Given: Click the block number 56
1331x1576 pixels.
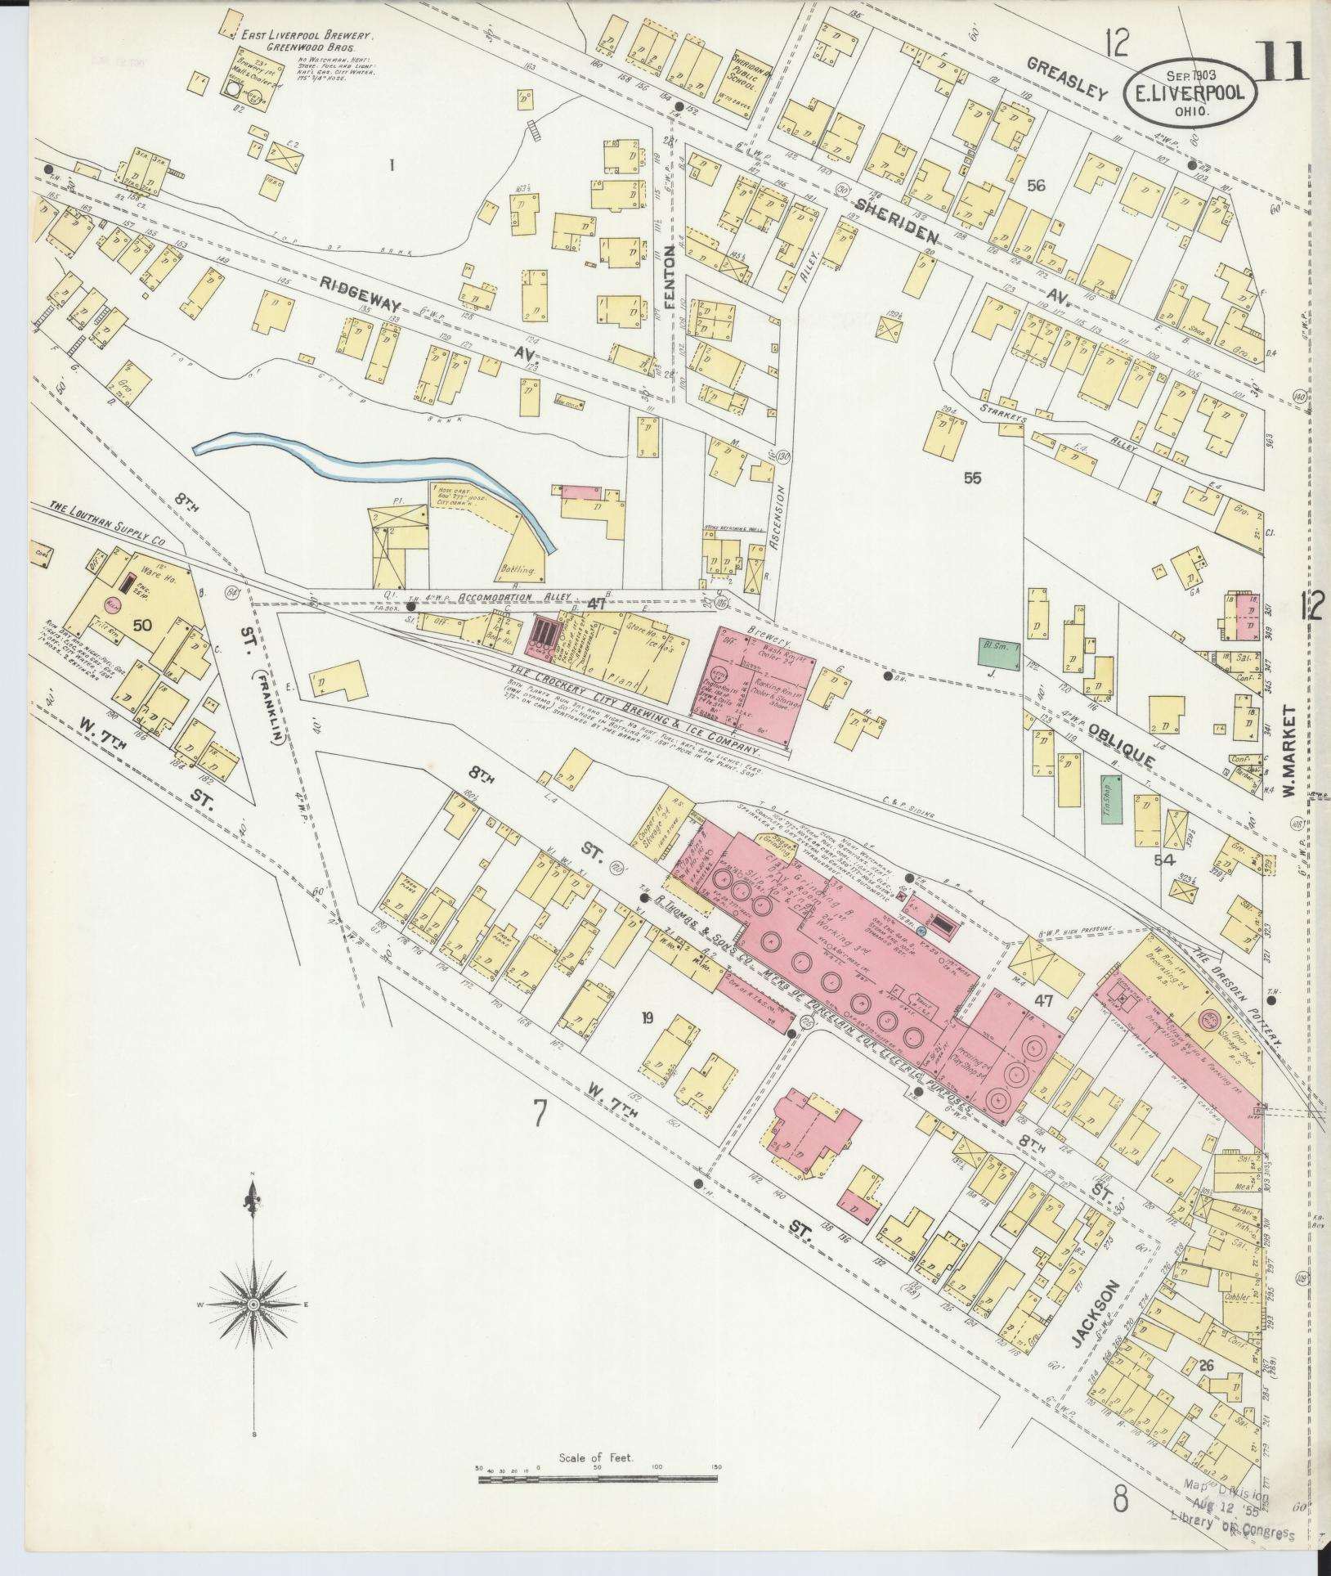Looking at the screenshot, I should click(x=1036, y=186).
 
